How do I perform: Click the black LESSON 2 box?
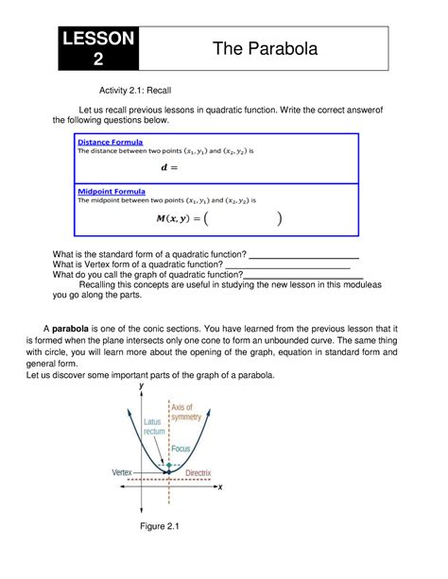pyautogui.click(x=99, y=48)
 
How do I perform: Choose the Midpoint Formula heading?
pyautogui.click(x=112, y=191)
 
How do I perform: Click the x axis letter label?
pyautogui.click(x=219, y=487)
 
